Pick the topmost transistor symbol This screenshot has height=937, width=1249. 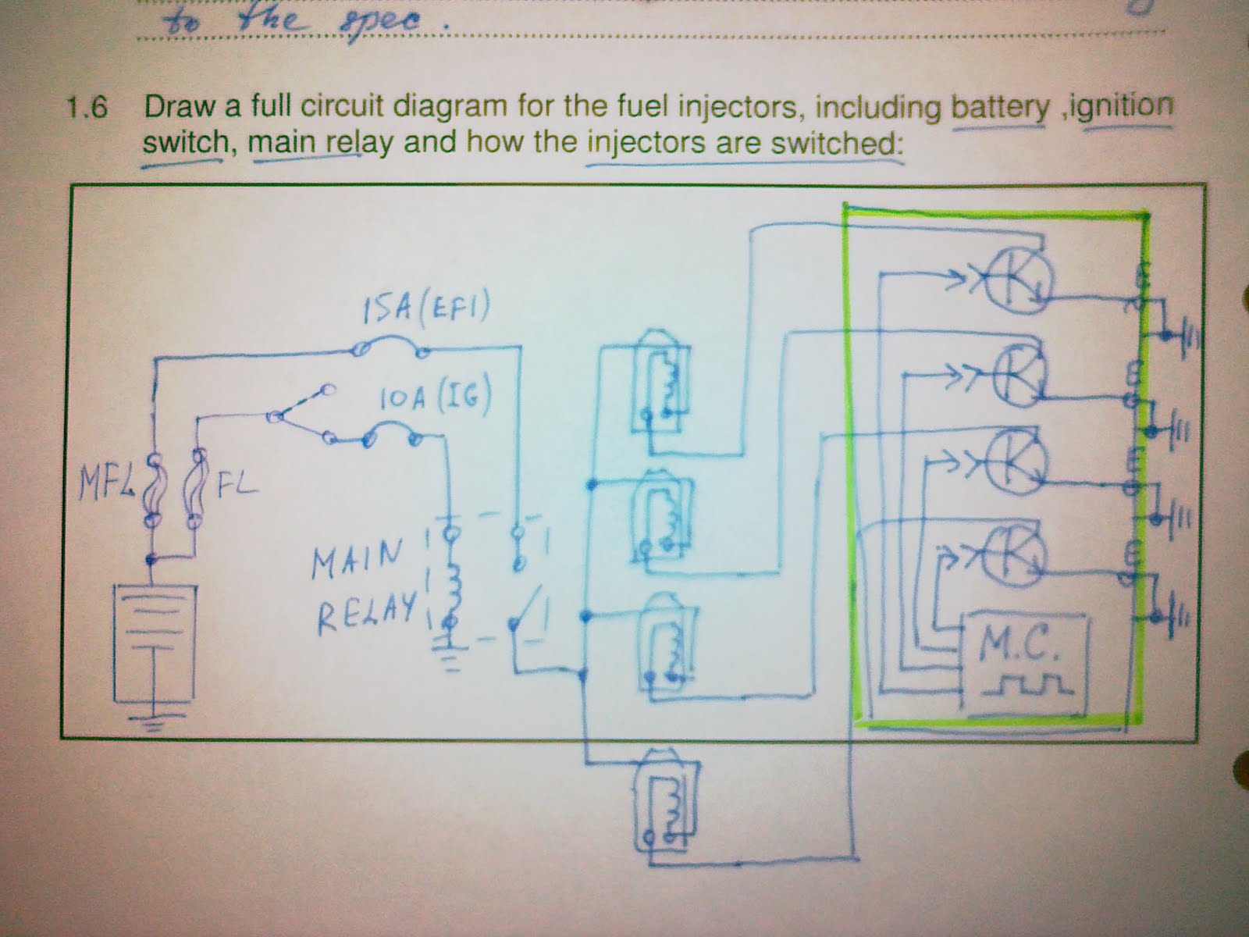[x=1015, y=281]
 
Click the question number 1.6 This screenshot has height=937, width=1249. [x=86, y=107]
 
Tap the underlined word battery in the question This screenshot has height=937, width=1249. [x=1000, y=108]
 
